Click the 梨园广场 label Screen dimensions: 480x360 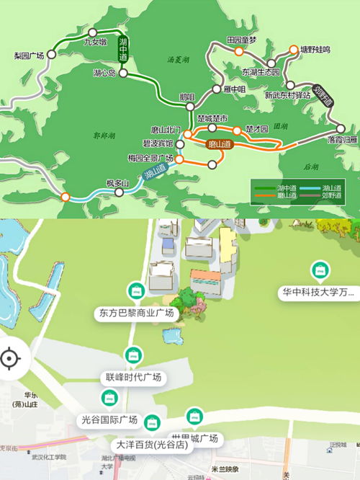point(29,55)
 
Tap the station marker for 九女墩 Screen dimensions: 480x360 point(93,32)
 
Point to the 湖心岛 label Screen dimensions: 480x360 point(104,73)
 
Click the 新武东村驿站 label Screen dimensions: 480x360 point(287,94)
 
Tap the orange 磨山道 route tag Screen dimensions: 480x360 point(220,144)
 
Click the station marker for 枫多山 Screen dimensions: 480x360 point(117,192)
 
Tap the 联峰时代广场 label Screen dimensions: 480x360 point(130,378)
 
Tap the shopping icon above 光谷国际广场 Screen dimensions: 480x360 point(109,398)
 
